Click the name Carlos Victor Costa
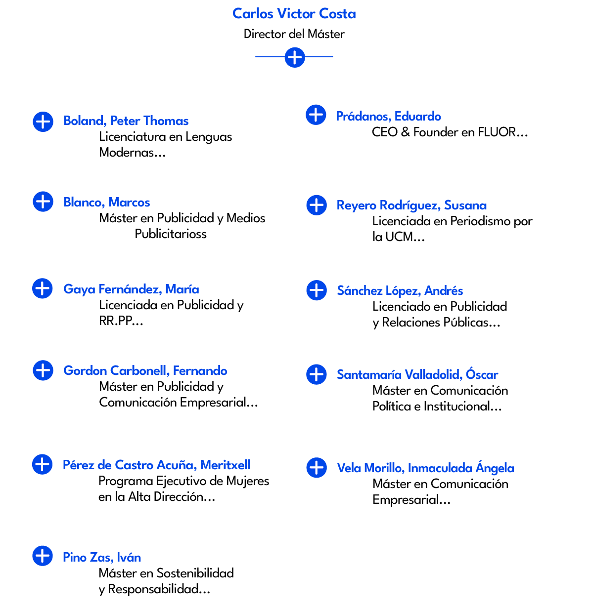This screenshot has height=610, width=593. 294,14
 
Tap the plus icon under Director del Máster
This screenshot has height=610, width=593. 295,57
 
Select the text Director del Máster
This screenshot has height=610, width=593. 294,34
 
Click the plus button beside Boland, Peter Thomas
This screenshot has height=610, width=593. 43,121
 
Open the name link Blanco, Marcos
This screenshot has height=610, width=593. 107,203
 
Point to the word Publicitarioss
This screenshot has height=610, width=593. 171,234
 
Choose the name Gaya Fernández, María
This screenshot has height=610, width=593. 131,289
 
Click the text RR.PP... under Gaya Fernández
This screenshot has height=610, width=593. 121,321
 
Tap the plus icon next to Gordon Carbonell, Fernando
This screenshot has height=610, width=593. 43,370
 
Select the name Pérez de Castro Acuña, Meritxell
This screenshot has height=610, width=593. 156,465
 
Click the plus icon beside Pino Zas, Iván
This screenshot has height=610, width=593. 43,556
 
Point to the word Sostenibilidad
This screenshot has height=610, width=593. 195,573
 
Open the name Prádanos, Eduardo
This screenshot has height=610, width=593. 389,117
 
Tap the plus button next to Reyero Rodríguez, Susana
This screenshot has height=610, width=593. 317,205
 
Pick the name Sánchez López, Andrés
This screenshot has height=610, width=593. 400,291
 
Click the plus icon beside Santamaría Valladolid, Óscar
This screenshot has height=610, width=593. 317,374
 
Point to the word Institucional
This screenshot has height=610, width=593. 462,407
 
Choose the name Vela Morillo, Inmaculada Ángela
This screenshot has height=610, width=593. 425,468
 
